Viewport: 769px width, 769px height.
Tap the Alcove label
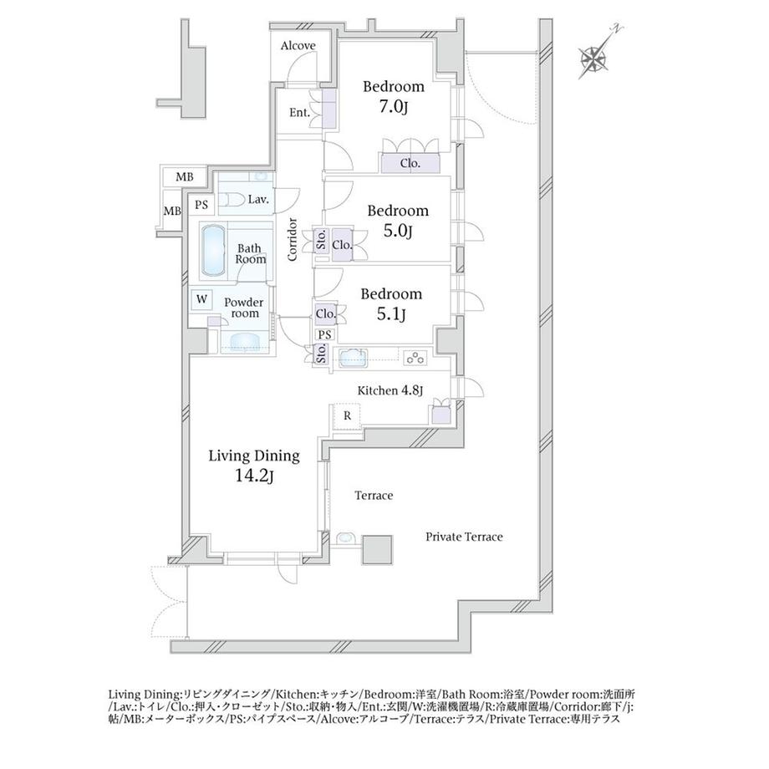click(x=298, y=46)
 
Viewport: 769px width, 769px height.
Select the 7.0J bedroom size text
click(x=394, y=107)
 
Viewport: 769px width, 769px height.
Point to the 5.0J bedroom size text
click(x=397, y=231)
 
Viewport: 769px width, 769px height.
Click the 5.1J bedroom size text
click(x=391, y=314)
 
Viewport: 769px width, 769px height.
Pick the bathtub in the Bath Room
click(x=212, y=251)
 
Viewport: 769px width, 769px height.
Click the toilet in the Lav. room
click(x=232, y=200)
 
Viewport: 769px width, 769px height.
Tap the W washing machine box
click(x=201, y=299)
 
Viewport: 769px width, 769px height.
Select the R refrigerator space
click(x=347, y=416)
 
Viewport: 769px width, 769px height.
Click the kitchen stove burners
click(x=415, y=358)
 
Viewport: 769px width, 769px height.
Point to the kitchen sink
click(x=353, y=358)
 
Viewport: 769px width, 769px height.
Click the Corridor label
click(x=293, y=239)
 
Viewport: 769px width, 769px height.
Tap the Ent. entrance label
click(x=299, y=113)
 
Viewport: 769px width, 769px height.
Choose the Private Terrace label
click(x=464, y=537)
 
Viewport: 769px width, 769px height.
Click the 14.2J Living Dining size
click(x=254, y=476)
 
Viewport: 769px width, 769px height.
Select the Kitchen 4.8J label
click(x=390, y=390)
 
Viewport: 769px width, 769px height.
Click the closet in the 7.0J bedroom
click(x=410, y=163)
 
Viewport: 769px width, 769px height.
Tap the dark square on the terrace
click(x=377, y=550)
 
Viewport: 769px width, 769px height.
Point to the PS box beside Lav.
click(x=201, y=205)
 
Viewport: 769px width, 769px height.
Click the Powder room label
click(x=244, y=308)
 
